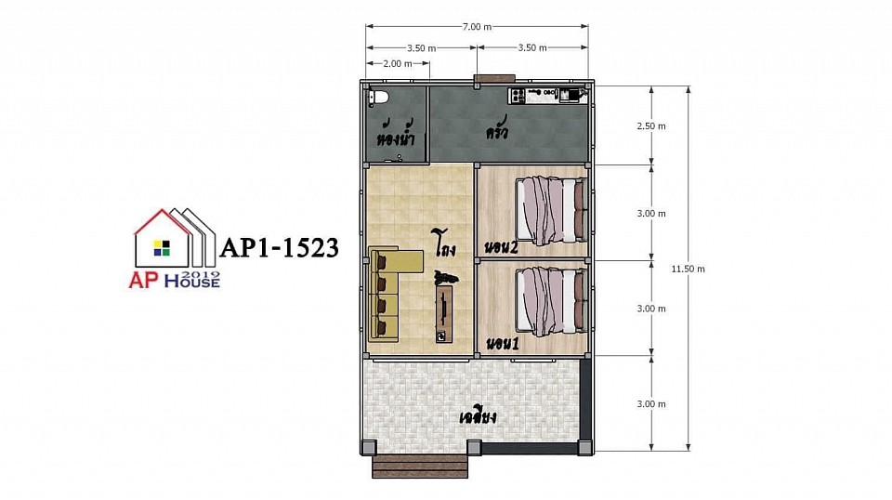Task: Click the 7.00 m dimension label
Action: point(477,27)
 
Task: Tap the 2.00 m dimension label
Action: point(398,64)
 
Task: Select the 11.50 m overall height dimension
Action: point(688,270)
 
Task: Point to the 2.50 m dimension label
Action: point(650,126)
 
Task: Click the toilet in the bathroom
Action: point(378,98)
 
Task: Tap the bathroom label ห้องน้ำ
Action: point(395,134)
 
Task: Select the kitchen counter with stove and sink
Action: point(547,95)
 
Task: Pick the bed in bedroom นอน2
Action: point(551,210)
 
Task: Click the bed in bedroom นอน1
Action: point(551,301)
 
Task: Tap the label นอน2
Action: point(501,247)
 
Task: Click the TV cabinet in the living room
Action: point(444,314)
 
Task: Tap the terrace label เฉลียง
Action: point(478,417)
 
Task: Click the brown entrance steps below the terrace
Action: point(420,467)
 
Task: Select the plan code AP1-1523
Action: point(280,247)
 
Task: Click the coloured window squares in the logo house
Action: point(162,248)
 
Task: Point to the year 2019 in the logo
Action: point(203,274)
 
